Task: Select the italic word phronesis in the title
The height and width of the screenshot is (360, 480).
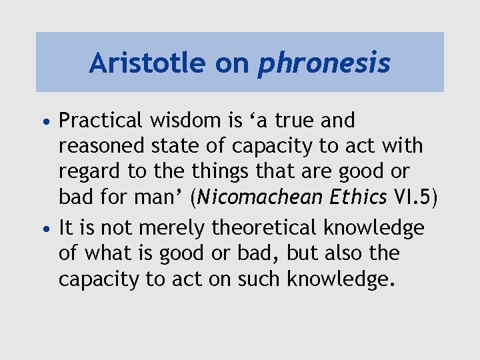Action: coord(324,64)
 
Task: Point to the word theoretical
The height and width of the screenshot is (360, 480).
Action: coord(265,227)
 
